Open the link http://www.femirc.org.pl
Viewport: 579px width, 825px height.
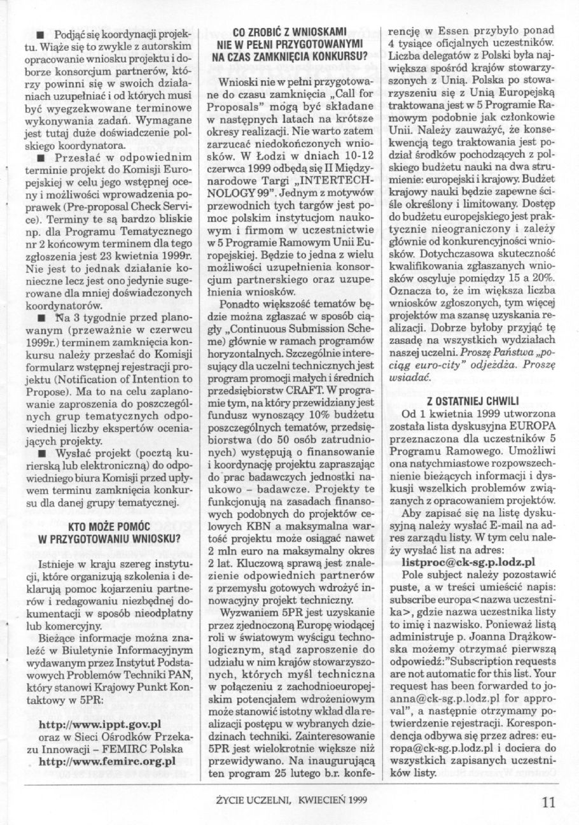click(107, 760)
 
